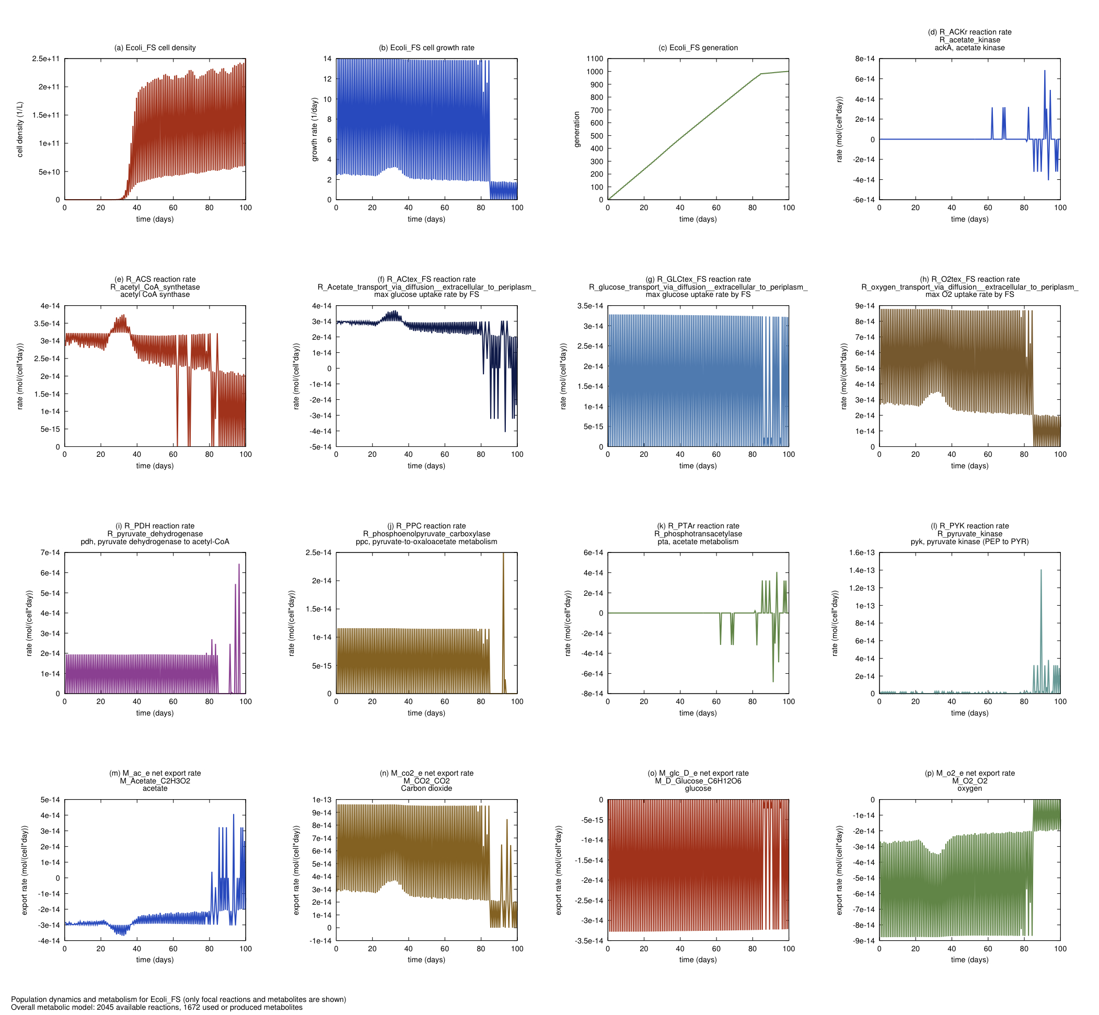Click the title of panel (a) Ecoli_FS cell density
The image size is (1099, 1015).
coord(155,48)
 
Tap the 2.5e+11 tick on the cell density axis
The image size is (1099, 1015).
coord(46,59)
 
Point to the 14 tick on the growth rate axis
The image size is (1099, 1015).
coord(327,59)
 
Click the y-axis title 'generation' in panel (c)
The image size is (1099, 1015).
coord(577,130)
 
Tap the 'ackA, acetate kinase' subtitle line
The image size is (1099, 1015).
coord(969,48)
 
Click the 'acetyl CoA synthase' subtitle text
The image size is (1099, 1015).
coord(155,294)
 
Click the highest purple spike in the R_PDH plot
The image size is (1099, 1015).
coord(239,564)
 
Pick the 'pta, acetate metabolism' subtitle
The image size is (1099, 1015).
coord(698,541)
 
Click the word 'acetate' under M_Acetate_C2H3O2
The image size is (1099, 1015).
coord(155,788)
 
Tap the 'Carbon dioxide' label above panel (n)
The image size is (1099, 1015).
coord(426,788)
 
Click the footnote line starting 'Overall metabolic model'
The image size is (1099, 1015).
coord(157,1007)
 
